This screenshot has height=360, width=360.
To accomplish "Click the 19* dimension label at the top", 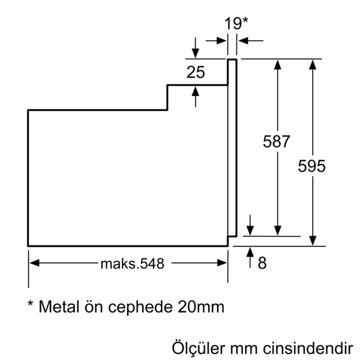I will pyautogui.click(x=236, y=23).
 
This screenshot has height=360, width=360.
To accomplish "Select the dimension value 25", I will pyautogui.click(x=196, y=73).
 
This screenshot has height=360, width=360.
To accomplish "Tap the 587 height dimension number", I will pyautogui.click(x=277, y=142).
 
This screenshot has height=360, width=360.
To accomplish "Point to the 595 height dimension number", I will pyautogui.click(x=312, y=166).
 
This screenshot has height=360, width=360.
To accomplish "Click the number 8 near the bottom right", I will pyautogui.click(x=262, y=263).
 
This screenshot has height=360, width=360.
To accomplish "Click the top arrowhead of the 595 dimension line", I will pyautogui.click(x=312, y=64).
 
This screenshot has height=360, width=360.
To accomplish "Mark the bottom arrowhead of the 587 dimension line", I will pyautogui.click(x=277, y=230).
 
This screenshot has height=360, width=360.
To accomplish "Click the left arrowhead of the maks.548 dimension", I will pyautogui.click(x=34, y=263).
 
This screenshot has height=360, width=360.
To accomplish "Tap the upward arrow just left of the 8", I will pyautogui.click(x=250, y=253).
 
